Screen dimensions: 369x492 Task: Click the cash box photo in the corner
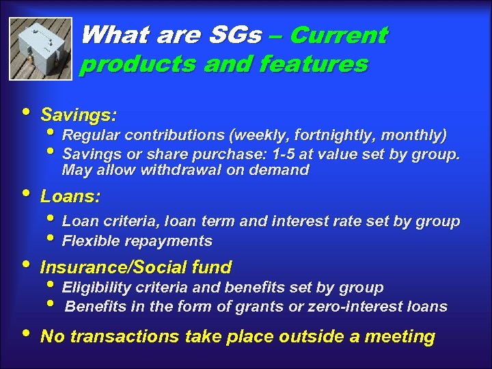click(42, 49)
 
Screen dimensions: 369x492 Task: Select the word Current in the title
click(338, 35)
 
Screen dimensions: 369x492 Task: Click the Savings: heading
click(79, 113)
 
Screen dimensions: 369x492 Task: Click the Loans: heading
click(70, 197)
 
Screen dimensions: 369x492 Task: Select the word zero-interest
click(357, 306)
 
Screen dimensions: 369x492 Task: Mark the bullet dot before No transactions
click(26, 333)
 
